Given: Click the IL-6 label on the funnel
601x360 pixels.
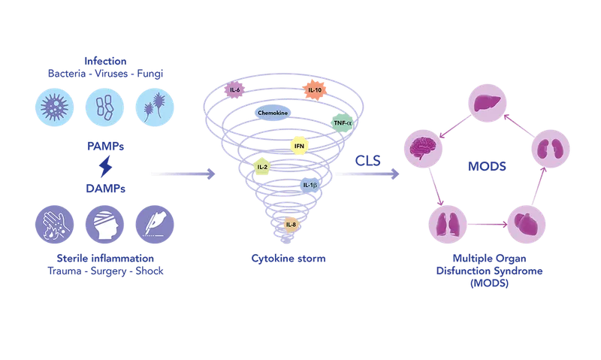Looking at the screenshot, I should (x=235, y=89).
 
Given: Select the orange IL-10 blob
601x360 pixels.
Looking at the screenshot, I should (x=315, y=90).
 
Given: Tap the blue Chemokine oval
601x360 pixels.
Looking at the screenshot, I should (x=273, y=113).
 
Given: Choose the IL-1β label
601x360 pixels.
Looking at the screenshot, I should (x=309, y=184).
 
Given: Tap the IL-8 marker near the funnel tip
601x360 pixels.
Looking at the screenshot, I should (x=291, y=223).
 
